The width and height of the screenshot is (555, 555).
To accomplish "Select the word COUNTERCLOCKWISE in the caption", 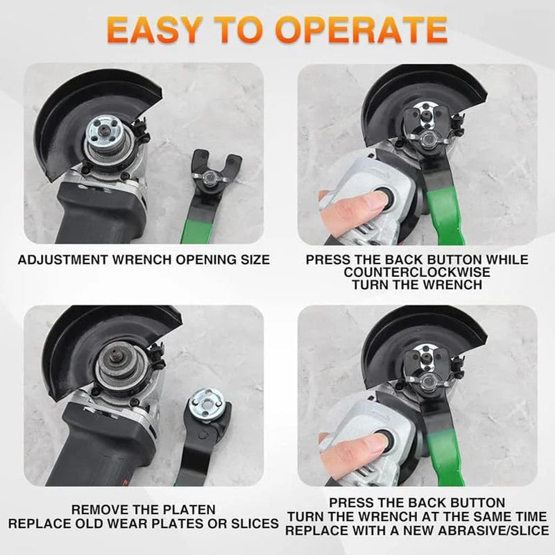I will tap(416, 272).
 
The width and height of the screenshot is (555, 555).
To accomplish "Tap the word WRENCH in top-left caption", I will tap(166, 261).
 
